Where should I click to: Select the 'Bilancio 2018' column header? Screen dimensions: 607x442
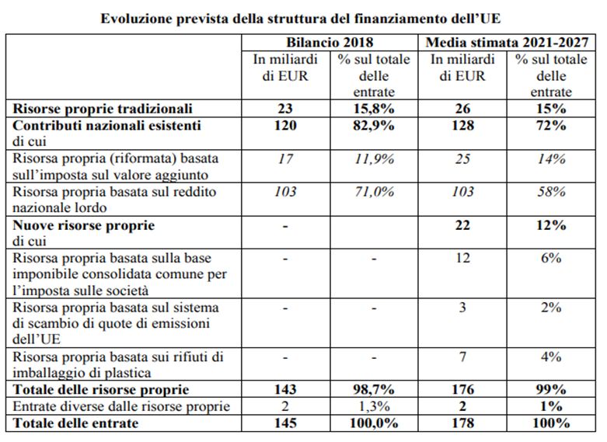[x=330, y=42]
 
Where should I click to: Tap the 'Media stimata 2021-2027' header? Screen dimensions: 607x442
[x=507, y=42]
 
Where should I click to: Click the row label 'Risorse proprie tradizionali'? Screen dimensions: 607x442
[x=103, y=109]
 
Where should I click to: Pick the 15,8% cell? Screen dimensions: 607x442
[x=374, y=109]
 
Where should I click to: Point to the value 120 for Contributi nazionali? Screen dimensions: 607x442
[x=285, y=125]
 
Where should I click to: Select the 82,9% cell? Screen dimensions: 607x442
[x=374, y=125]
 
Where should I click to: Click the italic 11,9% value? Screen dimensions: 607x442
[x=375, y=158]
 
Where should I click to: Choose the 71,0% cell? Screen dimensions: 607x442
[x=375, y=192]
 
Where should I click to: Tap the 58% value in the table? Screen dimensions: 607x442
[x=551, y=192]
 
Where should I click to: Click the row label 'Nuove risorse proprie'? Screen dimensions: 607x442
[x=84, y=225]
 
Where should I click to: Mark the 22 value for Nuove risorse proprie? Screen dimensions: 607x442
[x=462, y=225]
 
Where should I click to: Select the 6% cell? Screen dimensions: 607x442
[x=551, y=258]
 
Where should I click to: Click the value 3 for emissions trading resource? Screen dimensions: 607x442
[x=462, y=308]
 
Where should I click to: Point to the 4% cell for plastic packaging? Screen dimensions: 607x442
[x=551, y=357]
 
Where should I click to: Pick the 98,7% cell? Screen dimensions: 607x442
[x=374, y=389]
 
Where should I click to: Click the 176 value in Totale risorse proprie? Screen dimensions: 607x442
[x=462, y=389]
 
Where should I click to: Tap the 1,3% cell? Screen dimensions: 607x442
[x=374, y=406]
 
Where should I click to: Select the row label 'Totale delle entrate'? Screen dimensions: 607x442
[x=75, y=423]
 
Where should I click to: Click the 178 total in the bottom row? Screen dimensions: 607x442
[x=462, y=423]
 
